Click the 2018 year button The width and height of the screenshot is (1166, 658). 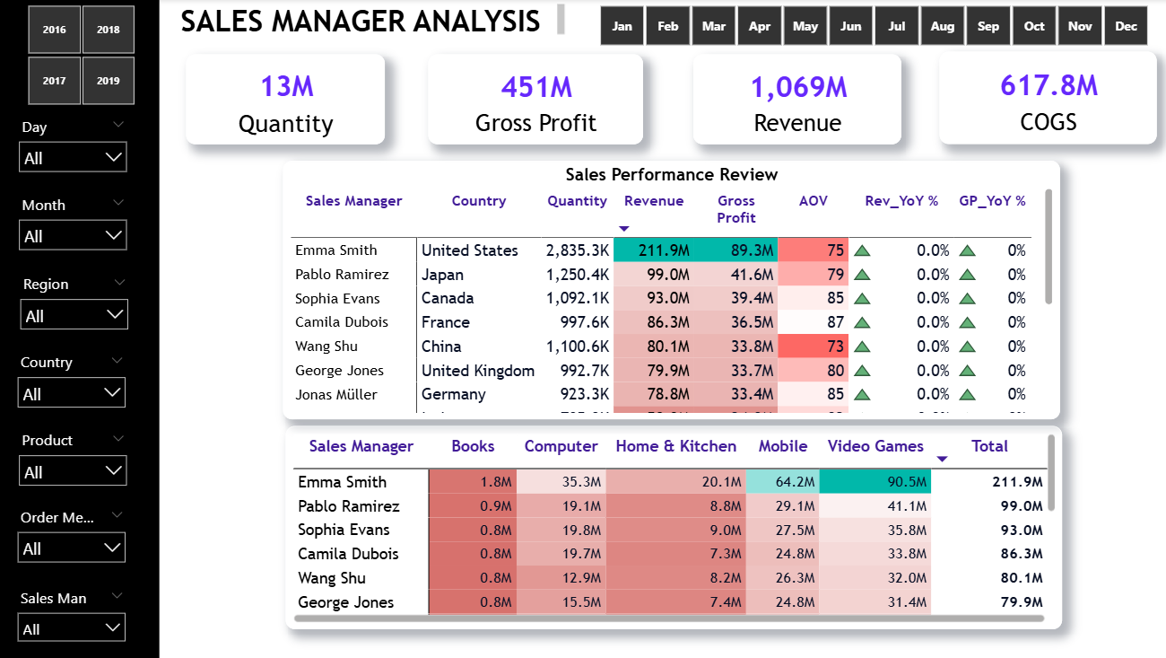[109, 30]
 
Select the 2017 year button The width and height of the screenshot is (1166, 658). [54, 81]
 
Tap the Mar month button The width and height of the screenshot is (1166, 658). [714, 26]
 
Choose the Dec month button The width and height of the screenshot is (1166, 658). [1126, 26]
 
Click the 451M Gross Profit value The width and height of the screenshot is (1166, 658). [536, 87]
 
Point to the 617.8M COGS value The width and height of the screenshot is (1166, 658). [1049, 85]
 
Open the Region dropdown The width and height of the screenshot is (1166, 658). [74, 315]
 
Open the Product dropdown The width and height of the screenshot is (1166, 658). [73, 471]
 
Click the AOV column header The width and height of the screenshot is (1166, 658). [814, 201]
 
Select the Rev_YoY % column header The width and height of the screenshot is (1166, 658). [901, 201]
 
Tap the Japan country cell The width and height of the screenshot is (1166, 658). [443, 275]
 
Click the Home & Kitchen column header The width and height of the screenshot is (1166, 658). [675, 446]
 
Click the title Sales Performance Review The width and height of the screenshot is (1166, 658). [671, 174]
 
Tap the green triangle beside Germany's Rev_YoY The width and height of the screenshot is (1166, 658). [862, 394]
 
